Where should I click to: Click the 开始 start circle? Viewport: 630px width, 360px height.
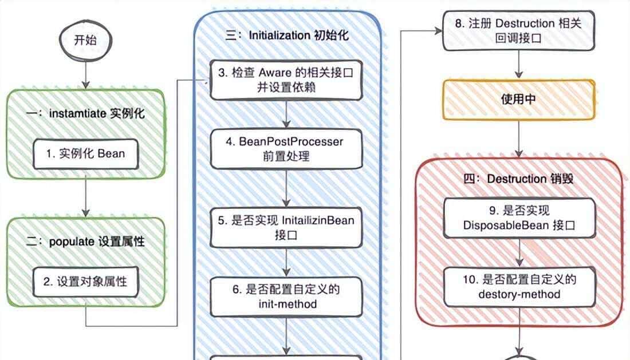coord(85,41)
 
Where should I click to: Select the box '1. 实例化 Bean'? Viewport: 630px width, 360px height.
coord(85,153)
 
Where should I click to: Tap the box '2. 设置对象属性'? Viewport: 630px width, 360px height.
coord(85,282)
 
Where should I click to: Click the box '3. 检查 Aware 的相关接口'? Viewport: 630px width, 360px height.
coord(286,81)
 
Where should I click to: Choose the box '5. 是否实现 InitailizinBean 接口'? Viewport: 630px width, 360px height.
coord(286,227)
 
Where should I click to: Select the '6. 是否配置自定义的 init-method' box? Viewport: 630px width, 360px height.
coord(286,296)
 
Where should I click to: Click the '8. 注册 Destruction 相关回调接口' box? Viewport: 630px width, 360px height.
coord(519,31)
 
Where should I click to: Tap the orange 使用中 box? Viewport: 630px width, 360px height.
coord(519,99)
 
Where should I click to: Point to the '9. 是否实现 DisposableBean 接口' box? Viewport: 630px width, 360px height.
coord(519,218)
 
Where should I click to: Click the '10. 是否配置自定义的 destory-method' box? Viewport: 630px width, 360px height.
coord(519,287)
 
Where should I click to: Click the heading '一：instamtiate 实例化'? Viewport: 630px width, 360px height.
coord(85,113)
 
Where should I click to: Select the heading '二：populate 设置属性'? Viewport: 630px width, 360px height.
coord(85,242)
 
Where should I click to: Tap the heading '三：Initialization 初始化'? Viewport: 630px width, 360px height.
coord(286,35)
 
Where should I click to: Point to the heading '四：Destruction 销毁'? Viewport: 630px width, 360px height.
coord(519,179)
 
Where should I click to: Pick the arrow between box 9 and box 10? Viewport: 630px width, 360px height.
coord(519,253)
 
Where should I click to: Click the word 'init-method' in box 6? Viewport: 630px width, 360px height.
coord(286,304)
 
